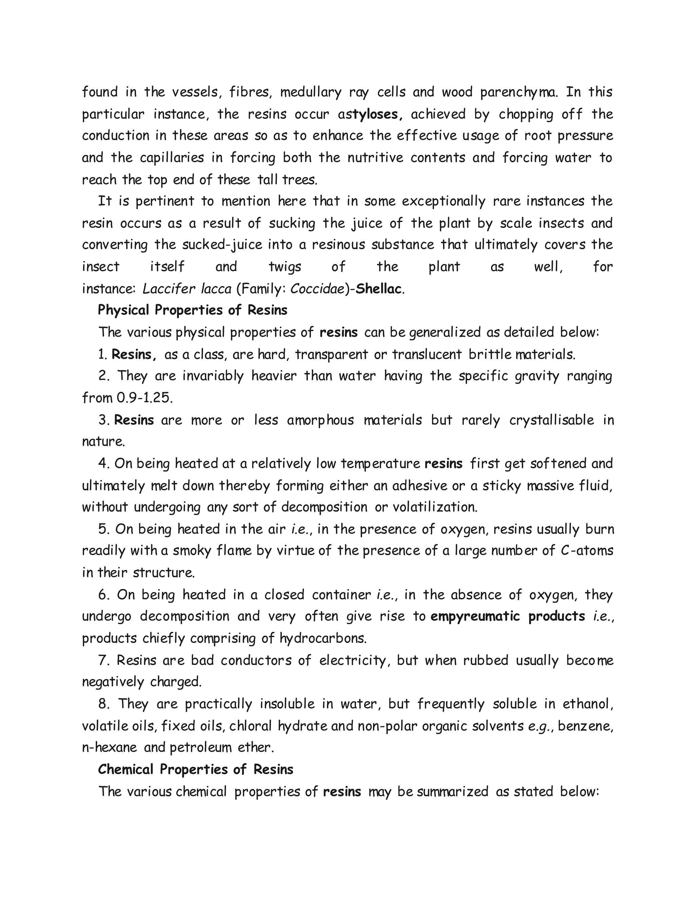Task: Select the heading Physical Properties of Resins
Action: pos(192,310)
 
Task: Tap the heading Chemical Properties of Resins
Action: pos(195,769)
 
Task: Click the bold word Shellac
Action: pos(378,289)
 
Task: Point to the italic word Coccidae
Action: pos(317,289)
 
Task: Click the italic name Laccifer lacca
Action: pos(187,289)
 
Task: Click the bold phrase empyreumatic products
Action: pos(508,616)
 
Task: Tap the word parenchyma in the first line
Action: pos(519,92)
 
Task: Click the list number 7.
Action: pos(103,660)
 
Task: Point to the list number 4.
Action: pos(103,463)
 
